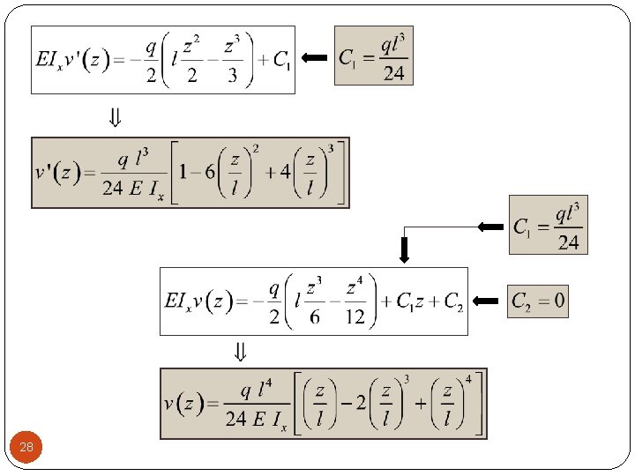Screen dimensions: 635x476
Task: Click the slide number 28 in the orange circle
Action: pyautogui.click(x=26, y=448)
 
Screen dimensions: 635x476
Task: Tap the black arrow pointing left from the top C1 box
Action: pyautogui.click(x=314, y=58)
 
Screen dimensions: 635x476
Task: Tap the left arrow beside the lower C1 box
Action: pyautogui.click(x=490, y=227)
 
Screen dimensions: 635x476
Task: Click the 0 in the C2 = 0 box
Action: pyautogui.click(x=559, y=303)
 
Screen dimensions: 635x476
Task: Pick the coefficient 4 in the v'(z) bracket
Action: pyautogui.click(x=285, y=171)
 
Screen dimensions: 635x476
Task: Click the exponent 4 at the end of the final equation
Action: pyautogui.click(x=468, y=378)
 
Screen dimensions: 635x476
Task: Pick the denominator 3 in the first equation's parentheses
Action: pyautogui.click(x=232, y=76)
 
